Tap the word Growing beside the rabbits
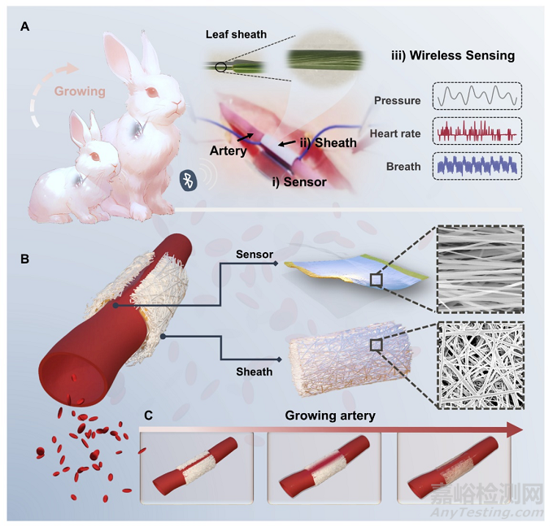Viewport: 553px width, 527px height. tap(80, 91)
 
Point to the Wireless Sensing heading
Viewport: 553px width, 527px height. tap(453, 55)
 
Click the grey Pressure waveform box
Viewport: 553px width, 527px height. tap(477, 98)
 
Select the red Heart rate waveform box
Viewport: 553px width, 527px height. tap(477, 132)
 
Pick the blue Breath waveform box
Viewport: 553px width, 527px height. tap(477, 165)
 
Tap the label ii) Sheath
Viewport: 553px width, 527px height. tap(327, 143)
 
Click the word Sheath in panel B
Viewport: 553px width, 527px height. tap(255, 371)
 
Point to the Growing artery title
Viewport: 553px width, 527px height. tap(332, 416)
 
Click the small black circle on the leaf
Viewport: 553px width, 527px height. tap(222, 68)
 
